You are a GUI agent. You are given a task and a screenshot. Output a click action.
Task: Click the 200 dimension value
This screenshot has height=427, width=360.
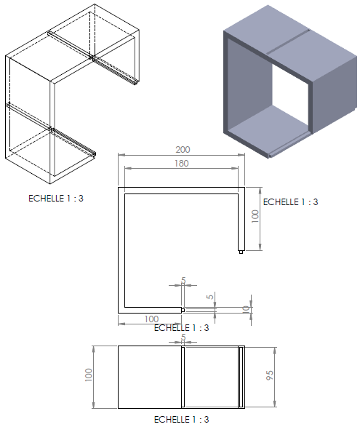pos(183,150)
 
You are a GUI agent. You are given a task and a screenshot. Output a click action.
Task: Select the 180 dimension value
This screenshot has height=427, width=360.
pos(181,164)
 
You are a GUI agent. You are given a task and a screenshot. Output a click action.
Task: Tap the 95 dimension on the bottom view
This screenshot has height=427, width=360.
pos(269,375)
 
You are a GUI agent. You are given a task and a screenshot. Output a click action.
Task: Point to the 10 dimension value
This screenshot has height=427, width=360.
pos(246,309)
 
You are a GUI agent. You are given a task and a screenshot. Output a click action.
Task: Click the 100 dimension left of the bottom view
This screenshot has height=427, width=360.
pos(89,375)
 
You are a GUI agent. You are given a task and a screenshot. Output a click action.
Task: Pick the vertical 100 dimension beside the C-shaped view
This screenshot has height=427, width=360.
pos(255,217)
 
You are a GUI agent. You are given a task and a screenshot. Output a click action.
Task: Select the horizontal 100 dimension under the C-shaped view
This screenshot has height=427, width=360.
pos(151,319)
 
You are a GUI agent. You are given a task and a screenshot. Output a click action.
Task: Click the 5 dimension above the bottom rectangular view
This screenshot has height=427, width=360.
pos(183,337)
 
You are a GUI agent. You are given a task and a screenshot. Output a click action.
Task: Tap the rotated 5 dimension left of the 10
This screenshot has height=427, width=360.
pos(210,296)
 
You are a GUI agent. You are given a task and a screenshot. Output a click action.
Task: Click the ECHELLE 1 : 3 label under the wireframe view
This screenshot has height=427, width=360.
pos(56,199)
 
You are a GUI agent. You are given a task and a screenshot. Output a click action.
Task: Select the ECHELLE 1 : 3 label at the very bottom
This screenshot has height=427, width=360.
pos(181,420)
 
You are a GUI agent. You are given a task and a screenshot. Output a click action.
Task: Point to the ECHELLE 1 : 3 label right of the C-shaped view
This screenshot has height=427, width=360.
pos(291,202)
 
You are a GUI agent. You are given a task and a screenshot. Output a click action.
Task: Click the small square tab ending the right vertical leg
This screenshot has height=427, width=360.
pos(241,252)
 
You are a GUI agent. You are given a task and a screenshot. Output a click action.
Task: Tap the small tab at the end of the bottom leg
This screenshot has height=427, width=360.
pos(183,310)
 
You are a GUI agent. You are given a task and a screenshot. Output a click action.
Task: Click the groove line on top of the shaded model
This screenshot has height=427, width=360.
pos(288,41)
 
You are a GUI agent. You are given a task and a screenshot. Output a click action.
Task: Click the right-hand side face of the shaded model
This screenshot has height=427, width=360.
pos(334,95)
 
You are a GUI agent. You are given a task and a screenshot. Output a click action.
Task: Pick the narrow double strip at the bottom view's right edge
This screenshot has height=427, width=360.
pos(241,377)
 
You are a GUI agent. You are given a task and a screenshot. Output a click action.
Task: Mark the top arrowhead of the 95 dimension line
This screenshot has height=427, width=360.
pos(275,350)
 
